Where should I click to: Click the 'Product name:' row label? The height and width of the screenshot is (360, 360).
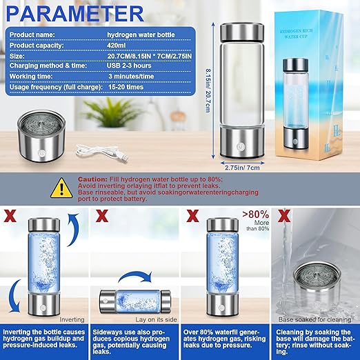[34, 34]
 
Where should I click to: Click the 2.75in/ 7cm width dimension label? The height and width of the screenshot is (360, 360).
[243, 167]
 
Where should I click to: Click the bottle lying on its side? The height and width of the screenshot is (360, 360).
[134, 301]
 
